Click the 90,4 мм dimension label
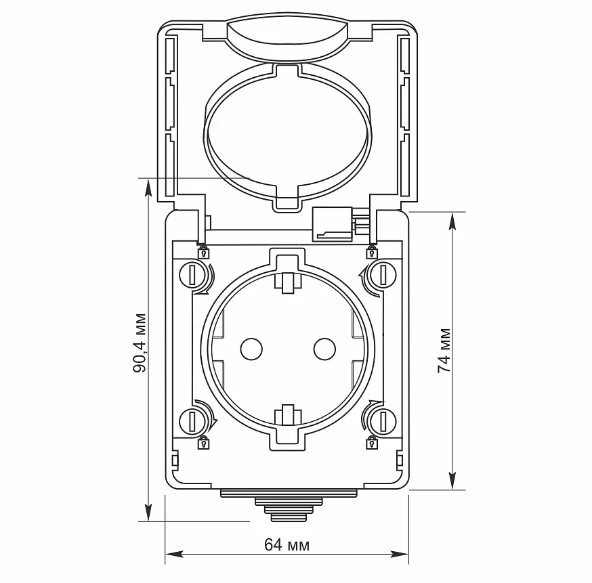tap(140, 343)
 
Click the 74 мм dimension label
tap(444, 351)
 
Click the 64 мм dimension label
tap(287, 545)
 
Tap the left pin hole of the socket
tap(251, 349)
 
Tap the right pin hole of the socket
tap(324, 349)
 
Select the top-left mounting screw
tap(192, 275)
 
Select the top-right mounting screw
tap(383, 275)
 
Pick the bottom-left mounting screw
tap(192, 421)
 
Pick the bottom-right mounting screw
tap(383, 421)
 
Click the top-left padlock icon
tap(204, 252)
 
